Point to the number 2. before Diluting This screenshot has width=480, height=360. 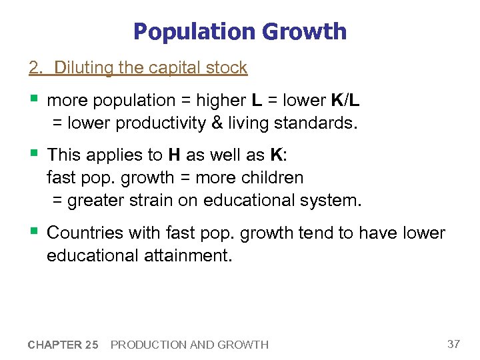point(34,67)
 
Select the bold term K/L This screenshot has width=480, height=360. point(345,100)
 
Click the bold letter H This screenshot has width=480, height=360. point(174,155)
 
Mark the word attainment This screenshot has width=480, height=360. point(187,255)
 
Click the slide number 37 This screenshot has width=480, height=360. point(453,344)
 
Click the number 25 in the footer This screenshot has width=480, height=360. point(91,345)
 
